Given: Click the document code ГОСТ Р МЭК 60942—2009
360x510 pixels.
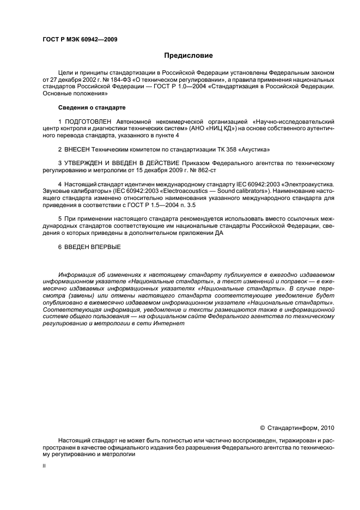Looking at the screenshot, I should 80,39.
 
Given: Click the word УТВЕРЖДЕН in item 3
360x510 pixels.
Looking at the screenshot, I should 86,163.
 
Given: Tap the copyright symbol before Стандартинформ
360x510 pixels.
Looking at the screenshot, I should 262,428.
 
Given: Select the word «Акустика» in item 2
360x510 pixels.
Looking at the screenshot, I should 253,149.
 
